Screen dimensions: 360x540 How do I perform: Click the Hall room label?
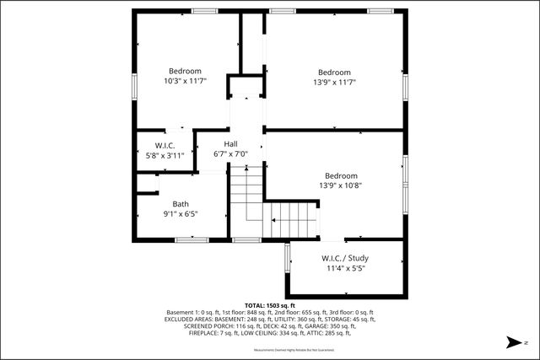point(230,144)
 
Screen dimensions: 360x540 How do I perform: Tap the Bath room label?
point(181,204)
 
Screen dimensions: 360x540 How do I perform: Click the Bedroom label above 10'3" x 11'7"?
point(185,71)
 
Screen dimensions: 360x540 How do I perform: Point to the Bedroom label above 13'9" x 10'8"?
point(342,175)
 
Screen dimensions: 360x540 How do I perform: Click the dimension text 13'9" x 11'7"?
point(334,82)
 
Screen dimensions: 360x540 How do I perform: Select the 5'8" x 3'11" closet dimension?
point(165,154)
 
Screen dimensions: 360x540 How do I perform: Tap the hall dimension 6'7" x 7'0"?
point(229,154)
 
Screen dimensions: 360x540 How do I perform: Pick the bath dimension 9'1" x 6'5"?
point(181,214)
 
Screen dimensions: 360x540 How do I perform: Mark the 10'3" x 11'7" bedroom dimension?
point(185,81)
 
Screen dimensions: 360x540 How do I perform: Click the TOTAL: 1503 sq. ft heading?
point(270,305)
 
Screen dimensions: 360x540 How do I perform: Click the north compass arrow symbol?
point(511,342)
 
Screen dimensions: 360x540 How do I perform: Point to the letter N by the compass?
point(526,342)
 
